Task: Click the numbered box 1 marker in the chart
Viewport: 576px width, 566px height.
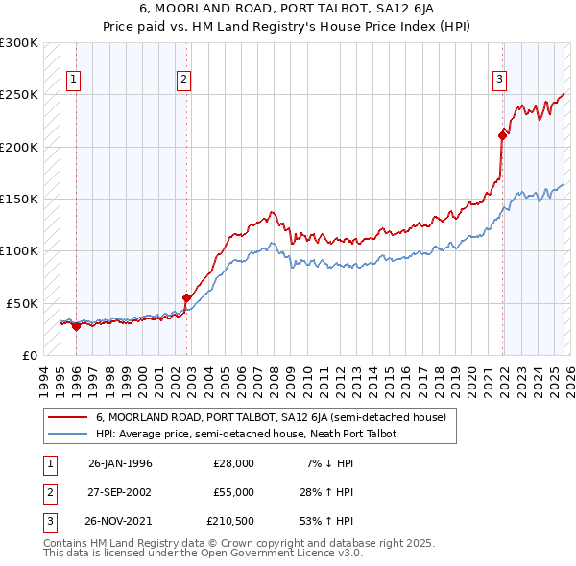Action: point(74,80)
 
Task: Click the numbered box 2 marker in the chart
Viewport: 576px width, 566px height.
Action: point(184,80)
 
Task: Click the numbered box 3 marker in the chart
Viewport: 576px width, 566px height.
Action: point(500,80)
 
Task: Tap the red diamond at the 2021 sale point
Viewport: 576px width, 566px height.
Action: point(502,135)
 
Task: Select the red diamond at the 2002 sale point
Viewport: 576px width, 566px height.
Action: point(186,297)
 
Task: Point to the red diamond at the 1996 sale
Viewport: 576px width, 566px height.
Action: point(76,326)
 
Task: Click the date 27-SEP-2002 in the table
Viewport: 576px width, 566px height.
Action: point(120,492)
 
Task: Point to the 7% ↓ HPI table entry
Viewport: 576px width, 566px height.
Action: point(329,462)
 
